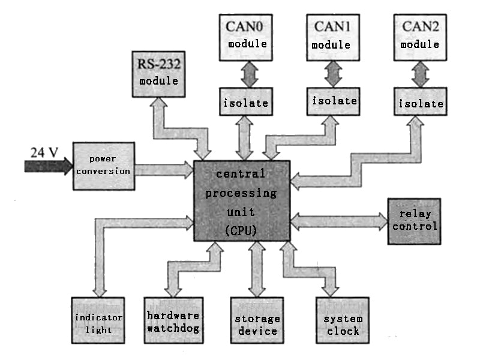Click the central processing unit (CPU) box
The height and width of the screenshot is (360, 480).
242,201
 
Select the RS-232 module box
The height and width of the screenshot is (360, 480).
158,74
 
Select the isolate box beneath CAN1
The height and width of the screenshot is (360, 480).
334,100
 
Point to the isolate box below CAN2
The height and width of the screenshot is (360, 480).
421,103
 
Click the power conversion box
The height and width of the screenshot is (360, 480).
103,166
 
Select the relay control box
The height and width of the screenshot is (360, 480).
413,220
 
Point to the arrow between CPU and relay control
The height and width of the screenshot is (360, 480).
339,221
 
